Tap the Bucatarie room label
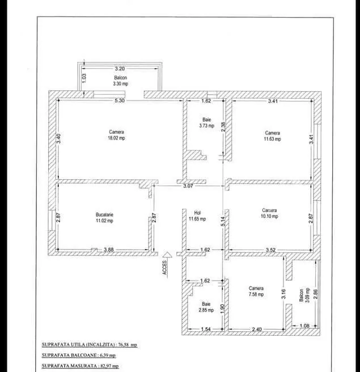[x=104, y=214]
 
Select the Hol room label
[x=197, y=213]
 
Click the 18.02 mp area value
[x=116, y=138]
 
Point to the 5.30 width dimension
[x=120, y=100]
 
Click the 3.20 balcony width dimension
[x=120, y=69]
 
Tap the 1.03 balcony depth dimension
[x=84, y=78]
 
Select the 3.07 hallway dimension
[x=188, y=186]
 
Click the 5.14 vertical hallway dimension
[x=223, y=221]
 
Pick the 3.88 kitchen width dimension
[x=109, y=250]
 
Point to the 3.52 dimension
[x=270, y=250]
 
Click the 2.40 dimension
[x=257, y=329]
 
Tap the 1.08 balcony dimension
[x=304, y=325]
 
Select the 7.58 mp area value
[x=256, y=294]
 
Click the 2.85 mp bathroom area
[x=206, y=310]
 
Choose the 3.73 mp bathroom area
[x=207, y=126]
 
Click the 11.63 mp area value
[x=273, y=139]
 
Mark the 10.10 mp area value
[x=269, y=217]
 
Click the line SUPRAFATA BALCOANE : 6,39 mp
[x=79, y=355]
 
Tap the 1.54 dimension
[x=206, y=329]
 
